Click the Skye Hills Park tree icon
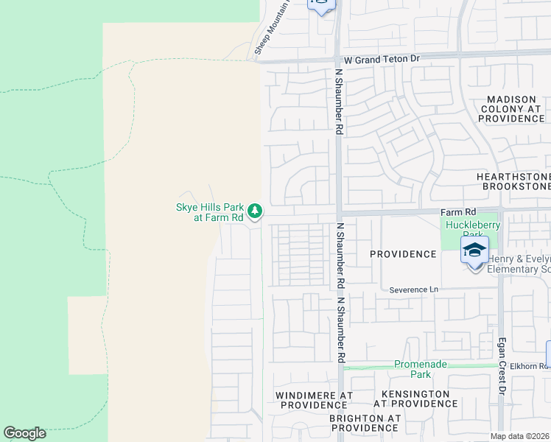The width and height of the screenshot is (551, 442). point(255,212)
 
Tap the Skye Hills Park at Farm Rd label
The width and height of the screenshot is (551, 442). point(209,212)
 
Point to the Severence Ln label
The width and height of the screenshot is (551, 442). point(413,290)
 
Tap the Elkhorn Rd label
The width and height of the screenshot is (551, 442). point(528,365)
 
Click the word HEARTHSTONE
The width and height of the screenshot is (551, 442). point(513,177)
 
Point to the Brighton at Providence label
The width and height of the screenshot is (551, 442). point(364,422)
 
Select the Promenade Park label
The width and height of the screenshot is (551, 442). point(421,369)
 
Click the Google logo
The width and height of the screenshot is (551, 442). point(25,433)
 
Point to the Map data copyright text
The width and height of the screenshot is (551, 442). point(520,436)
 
